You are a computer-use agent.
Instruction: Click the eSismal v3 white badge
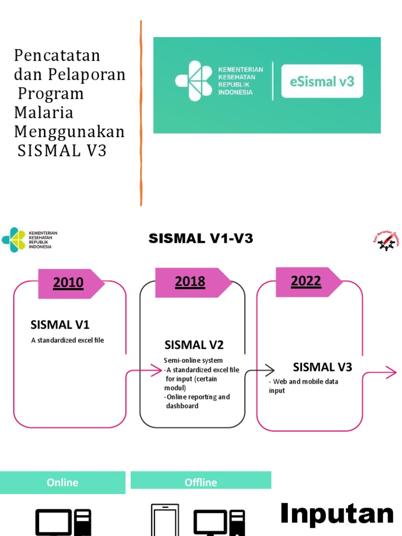tap(321, 81)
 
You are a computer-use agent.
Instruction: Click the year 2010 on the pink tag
tap(68, 283)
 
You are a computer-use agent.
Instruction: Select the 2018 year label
tap(190, 282)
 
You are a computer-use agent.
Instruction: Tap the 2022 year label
tap(306, 281)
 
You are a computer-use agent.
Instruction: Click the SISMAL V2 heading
tap(194, 344)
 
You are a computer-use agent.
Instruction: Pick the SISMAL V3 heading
tap(322, 366)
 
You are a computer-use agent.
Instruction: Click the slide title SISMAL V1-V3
tap(200, 239)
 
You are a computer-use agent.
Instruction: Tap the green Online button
tap(62, 482)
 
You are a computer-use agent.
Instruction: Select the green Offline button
tap(200, 482)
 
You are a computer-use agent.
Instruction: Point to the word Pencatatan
tap(57, 55)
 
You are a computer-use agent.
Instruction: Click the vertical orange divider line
tap(141, 113)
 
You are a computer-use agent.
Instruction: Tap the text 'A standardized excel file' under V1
tap(68, 340)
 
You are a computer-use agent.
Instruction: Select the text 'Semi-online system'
tap(193, 360)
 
